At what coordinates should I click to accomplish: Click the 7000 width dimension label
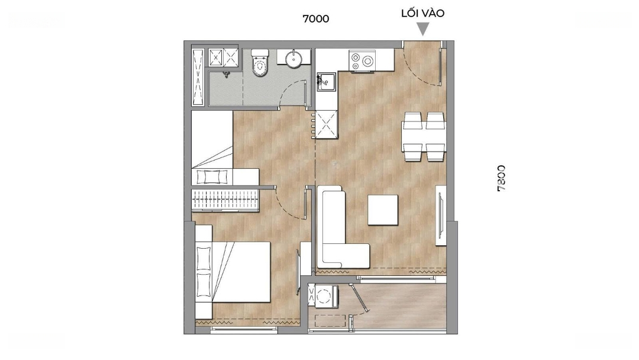coord(316,19)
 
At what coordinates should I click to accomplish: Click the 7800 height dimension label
coord(501,178)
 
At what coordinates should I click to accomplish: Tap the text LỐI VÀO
coord(422,13)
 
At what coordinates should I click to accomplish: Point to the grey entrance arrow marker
coord(424,29)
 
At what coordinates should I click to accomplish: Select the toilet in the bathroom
coord(260,63)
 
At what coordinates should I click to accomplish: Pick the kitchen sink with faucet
coord(326,82)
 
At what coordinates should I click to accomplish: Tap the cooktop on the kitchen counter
coord(363,61)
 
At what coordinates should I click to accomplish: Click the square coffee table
coord(383,210)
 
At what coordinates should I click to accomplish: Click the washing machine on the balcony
coord(324,296)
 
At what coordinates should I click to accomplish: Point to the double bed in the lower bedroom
coord(233,272)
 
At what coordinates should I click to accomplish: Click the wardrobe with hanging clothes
coord(225,200)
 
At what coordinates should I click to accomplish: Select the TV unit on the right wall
coord(441,216)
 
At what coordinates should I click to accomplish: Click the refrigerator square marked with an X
coord(326,124)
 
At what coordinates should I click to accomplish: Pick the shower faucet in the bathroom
coord(226,75)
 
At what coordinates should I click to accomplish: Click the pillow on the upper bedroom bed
coord(211,177)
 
